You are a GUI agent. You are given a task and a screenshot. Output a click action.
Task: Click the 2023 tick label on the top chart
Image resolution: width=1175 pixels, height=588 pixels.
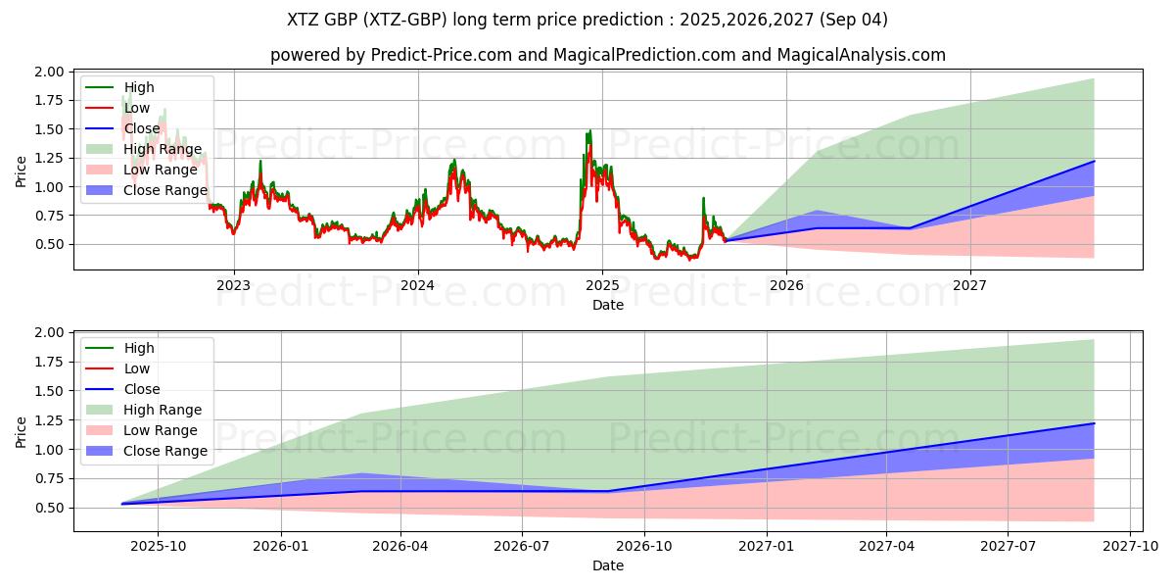point(233,285)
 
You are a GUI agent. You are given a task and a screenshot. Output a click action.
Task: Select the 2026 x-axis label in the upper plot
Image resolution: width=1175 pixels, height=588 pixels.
point(786,285)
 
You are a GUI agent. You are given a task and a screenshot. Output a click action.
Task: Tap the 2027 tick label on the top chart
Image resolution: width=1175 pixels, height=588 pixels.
point(970,285)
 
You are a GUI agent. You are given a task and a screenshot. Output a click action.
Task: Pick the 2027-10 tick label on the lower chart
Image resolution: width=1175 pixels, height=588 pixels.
point(1131,546)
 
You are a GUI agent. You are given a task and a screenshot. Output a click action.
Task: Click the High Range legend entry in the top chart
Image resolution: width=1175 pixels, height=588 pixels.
point(163,149)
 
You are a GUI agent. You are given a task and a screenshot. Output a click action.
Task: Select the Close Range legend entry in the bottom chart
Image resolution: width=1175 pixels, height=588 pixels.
point(165,451)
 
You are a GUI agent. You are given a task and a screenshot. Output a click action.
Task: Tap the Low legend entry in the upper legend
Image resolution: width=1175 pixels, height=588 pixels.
point(136,108)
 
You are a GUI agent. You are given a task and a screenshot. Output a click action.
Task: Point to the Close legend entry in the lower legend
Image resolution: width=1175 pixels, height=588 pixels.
point(142,389)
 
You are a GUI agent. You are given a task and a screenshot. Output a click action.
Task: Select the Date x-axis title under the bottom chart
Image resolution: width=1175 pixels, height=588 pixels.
point(608,565)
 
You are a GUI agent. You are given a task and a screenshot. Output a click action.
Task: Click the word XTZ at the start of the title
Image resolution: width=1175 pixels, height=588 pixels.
point(303,20)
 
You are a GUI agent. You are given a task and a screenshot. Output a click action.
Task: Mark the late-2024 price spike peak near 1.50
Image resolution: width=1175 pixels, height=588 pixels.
point(589,130)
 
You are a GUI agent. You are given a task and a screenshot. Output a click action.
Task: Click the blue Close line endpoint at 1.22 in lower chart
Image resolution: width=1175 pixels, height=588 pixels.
point(1094,423)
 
